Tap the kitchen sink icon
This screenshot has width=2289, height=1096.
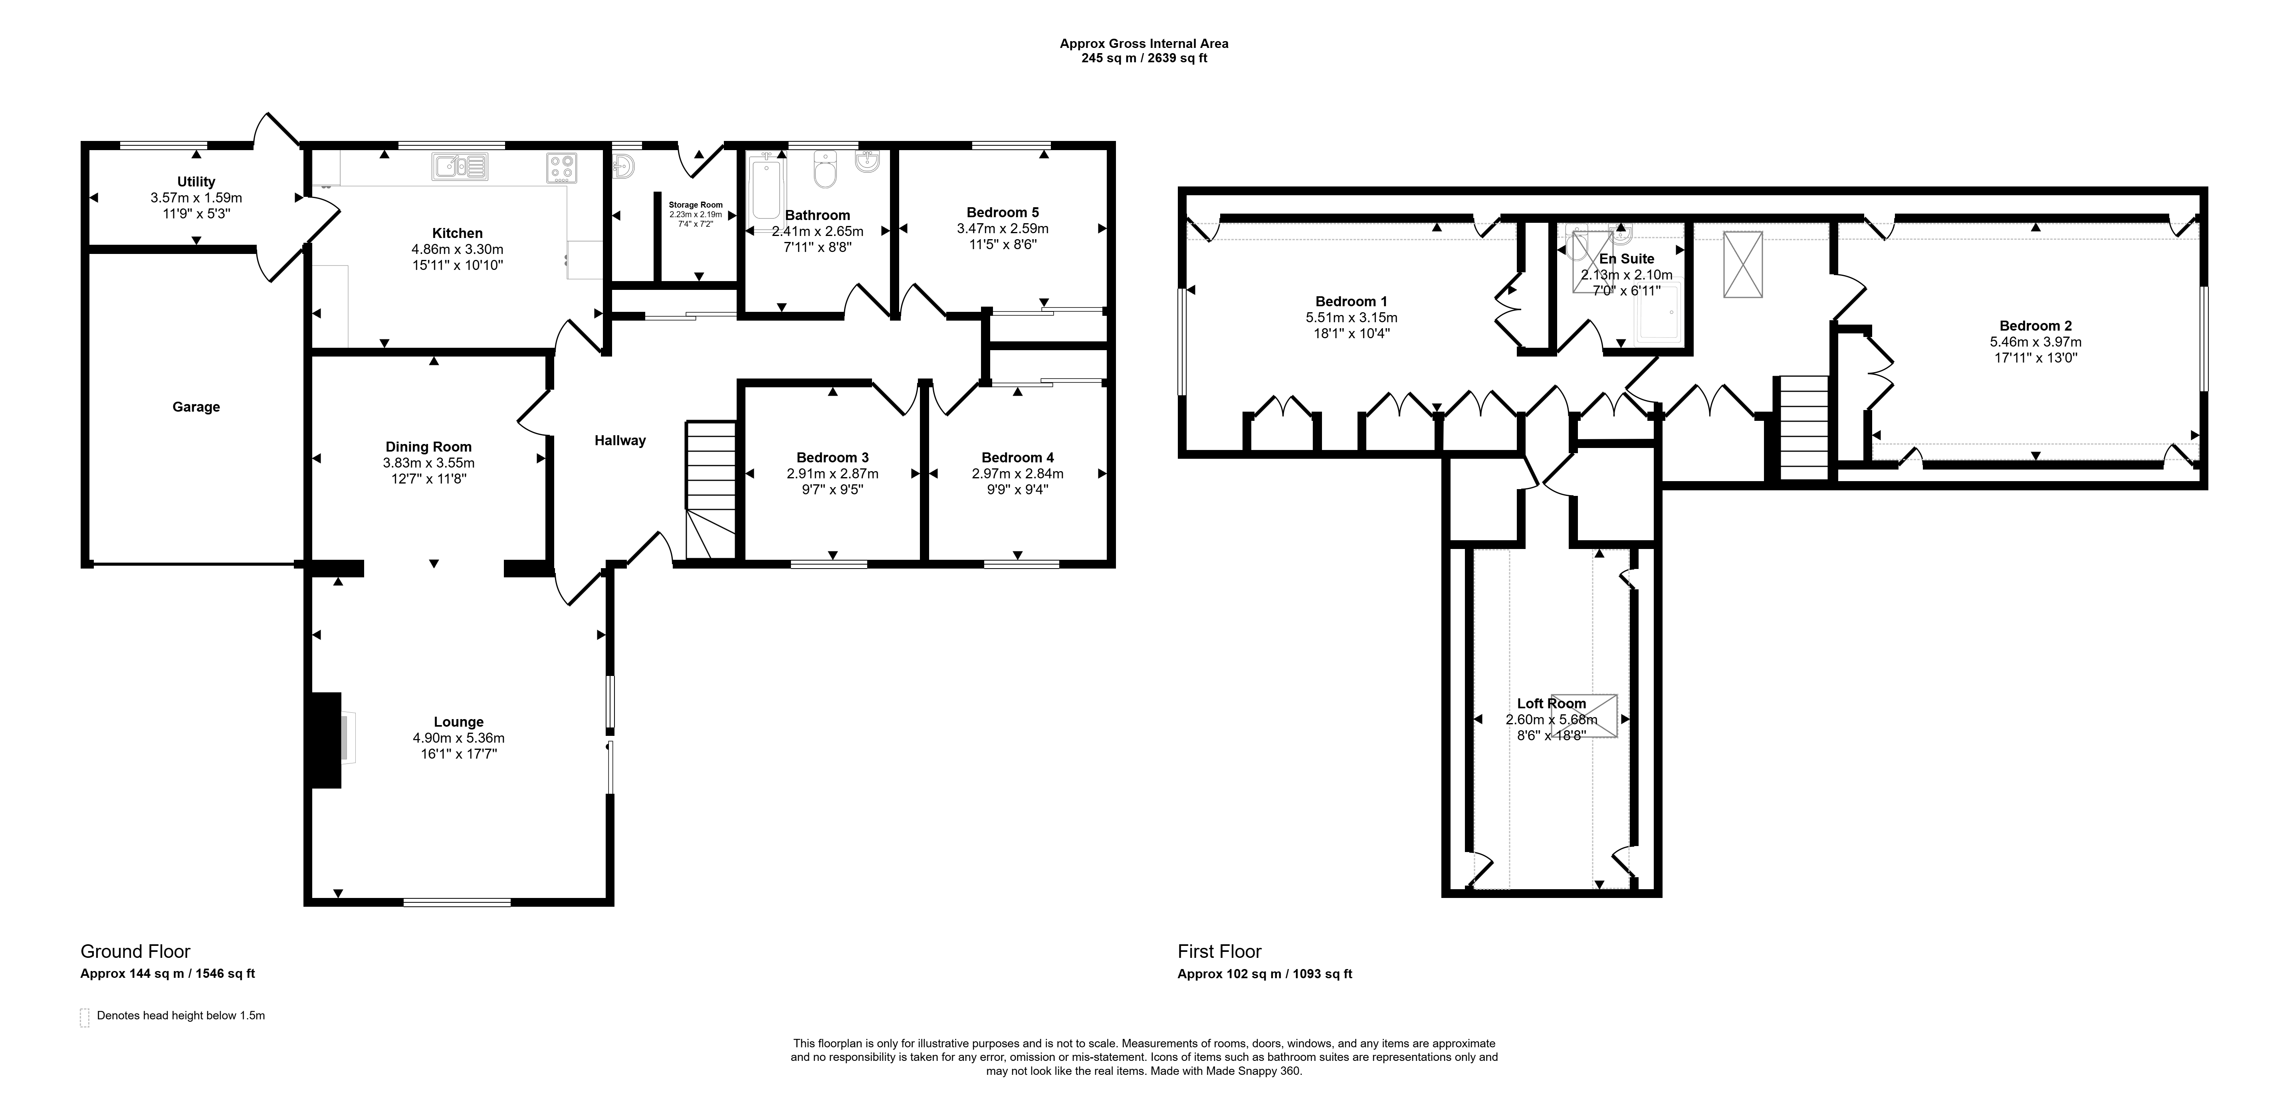tap(460, 166)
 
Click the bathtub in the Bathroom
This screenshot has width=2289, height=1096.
tap(766, 188)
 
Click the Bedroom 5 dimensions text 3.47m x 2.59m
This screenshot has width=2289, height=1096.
tap(1002, 228)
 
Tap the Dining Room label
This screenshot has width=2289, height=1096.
tap(428, 447)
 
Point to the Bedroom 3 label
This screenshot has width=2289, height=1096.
tap(832, 458)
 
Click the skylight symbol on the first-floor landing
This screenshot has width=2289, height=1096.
tap(1742, 264)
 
